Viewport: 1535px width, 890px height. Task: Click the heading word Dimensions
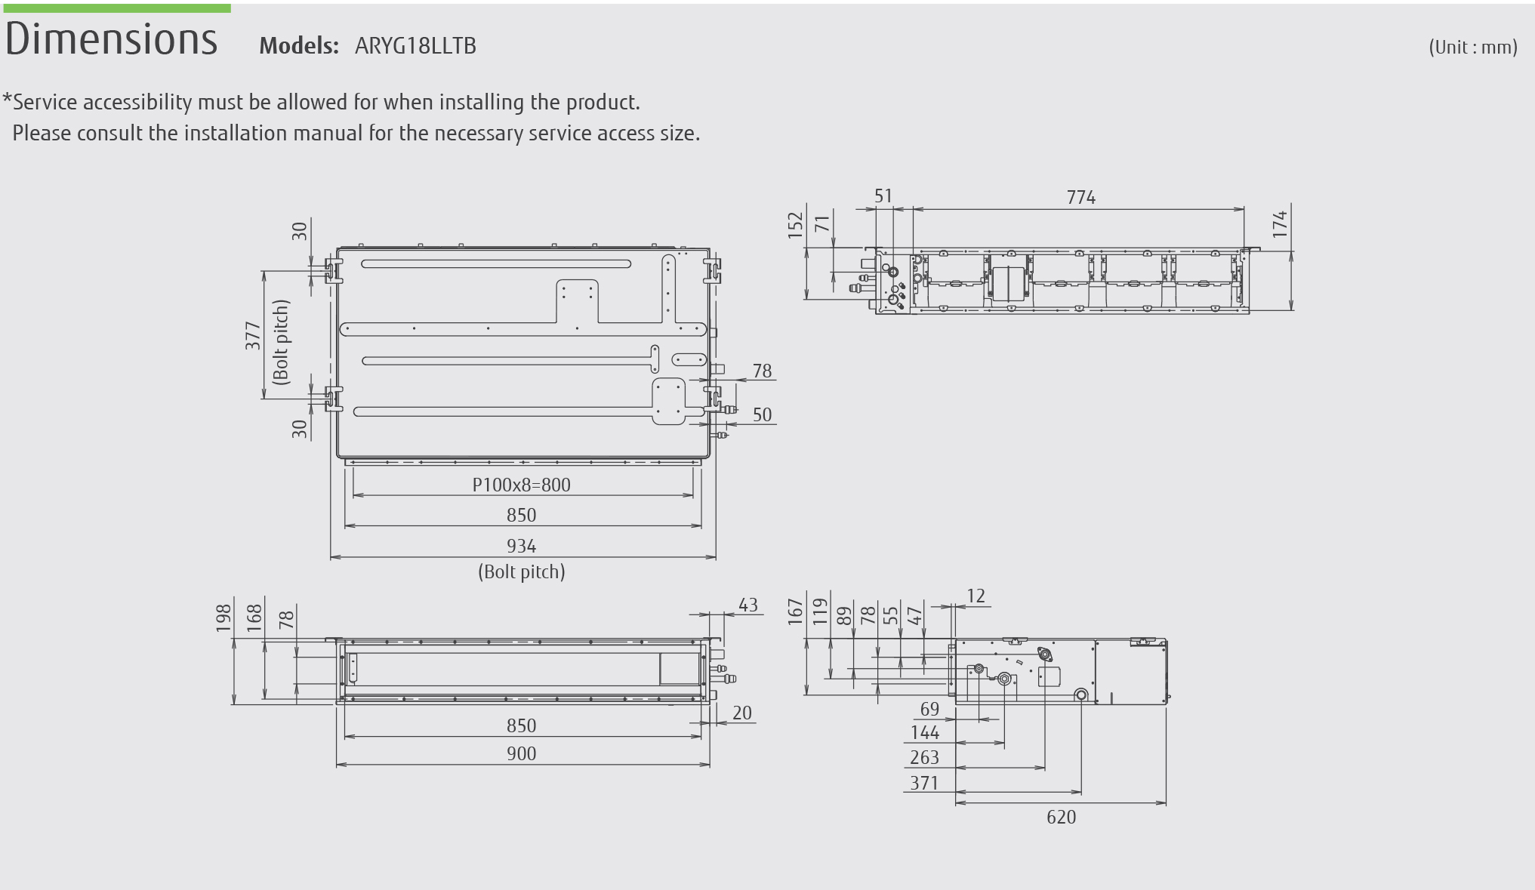(x=111, y=39)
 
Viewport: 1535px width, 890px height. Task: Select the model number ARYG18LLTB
(x=415, y=46)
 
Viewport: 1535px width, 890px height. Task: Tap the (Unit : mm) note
(x=1472, y=48)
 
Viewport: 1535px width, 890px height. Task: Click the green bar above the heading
(x=116, y=8)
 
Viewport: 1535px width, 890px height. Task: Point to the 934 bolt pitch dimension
(x=522, y=546)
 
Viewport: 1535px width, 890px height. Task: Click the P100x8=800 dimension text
(x=522, y=485)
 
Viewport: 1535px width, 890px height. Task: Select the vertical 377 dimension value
(x=253, y=336)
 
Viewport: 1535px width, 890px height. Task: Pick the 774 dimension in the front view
(x=1081, y=198)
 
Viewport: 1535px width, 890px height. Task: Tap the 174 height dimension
(x=1280, y=224)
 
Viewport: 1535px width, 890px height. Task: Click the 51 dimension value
(x=883, y=196)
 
